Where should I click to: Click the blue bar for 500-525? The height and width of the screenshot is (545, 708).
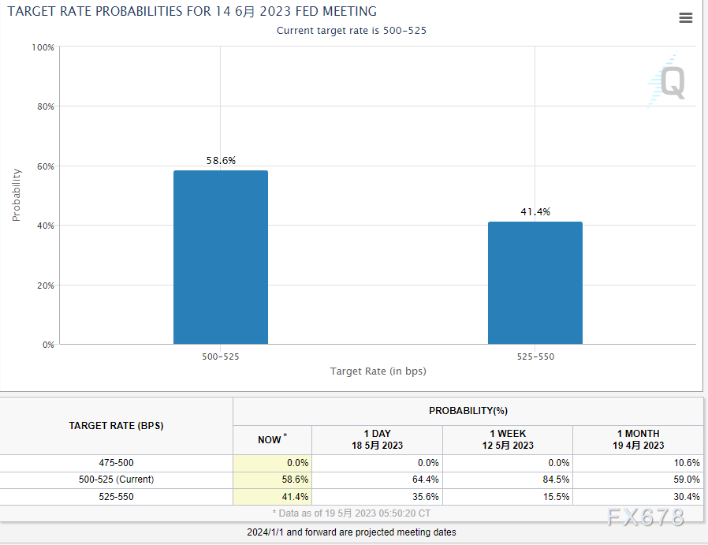(x=220, y=257)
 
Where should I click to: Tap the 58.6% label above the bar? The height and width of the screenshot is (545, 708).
(x=221, y=161)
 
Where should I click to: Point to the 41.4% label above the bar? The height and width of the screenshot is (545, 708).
(x=535, y=212)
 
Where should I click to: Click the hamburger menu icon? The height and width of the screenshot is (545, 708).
(x=685, y=18)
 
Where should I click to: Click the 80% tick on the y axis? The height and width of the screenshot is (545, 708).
(x=44, y=106)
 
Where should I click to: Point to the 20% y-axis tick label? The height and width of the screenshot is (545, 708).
(x=44, y=286)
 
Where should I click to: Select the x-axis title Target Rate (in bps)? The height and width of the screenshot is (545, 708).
(x=378, y=371)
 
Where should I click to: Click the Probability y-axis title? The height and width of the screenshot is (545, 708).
(x=17, y=195)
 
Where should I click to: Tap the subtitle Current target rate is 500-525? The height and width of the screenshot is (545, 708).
(x=352, y=30)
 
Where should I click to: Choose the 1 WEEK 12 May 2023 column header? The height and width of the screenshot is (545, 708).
(x=508, y=439)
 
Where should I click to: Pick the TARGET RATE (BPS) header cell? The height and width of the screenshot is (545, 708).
(x=117, y=426)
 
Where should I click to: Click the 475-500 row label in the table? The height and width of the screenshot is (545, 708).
(x=117, y=463)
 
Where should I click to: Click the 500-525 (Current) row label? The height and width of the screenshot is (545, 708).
(x=117, y=480)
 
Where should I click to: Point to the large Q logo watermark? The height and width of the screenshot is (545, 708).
(x=670, y=82)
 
